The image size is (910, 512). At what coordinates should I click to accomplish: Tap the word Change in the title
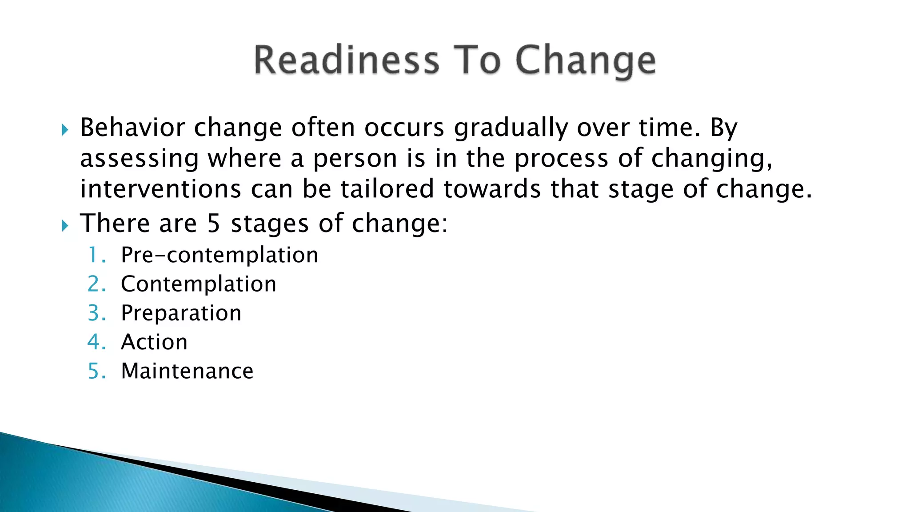pos(585,61)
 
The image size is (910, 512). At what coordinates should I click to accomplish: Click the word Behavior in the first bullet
pos(132,128)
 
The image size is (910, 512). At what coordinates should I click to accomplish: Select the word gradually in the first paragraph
pos(511,128)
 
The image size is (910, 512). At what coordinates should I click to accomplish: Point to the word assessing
pos(139,159)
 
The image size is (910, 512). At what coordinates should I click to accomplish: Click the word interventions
pos(160,188)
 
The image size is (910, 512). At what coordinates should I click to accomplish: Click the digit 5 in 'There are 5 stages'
pos(214,223)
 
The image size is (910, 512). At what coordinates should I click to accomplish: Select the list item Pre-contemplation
pos(220,255)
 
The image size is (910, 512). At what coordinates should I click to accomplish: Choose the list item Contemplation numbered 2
pos(198,284)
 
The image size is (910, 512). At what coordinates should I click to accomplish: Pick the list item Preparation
pos(181,313)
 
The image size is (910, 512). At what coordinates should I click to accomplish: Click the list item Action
pos(154,342)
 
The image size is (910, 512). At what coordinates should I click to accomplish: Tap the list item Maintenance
pos(187,371)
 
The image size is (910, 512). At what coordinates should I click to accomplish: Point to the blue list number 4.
pos(95,342)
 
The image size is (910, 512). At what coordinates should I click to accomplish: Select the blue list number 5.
pos(95,371)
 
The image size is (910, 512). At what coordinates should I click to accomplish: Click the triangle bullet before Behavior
pos(65,130)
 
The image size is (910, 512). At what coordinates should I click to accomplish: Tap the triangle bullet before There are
pos(65,226)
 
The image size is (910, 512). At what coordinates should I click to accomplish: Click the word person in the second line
pos(355,159)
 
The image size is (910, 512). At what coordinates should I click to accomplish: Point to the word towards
pos(492,188)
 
